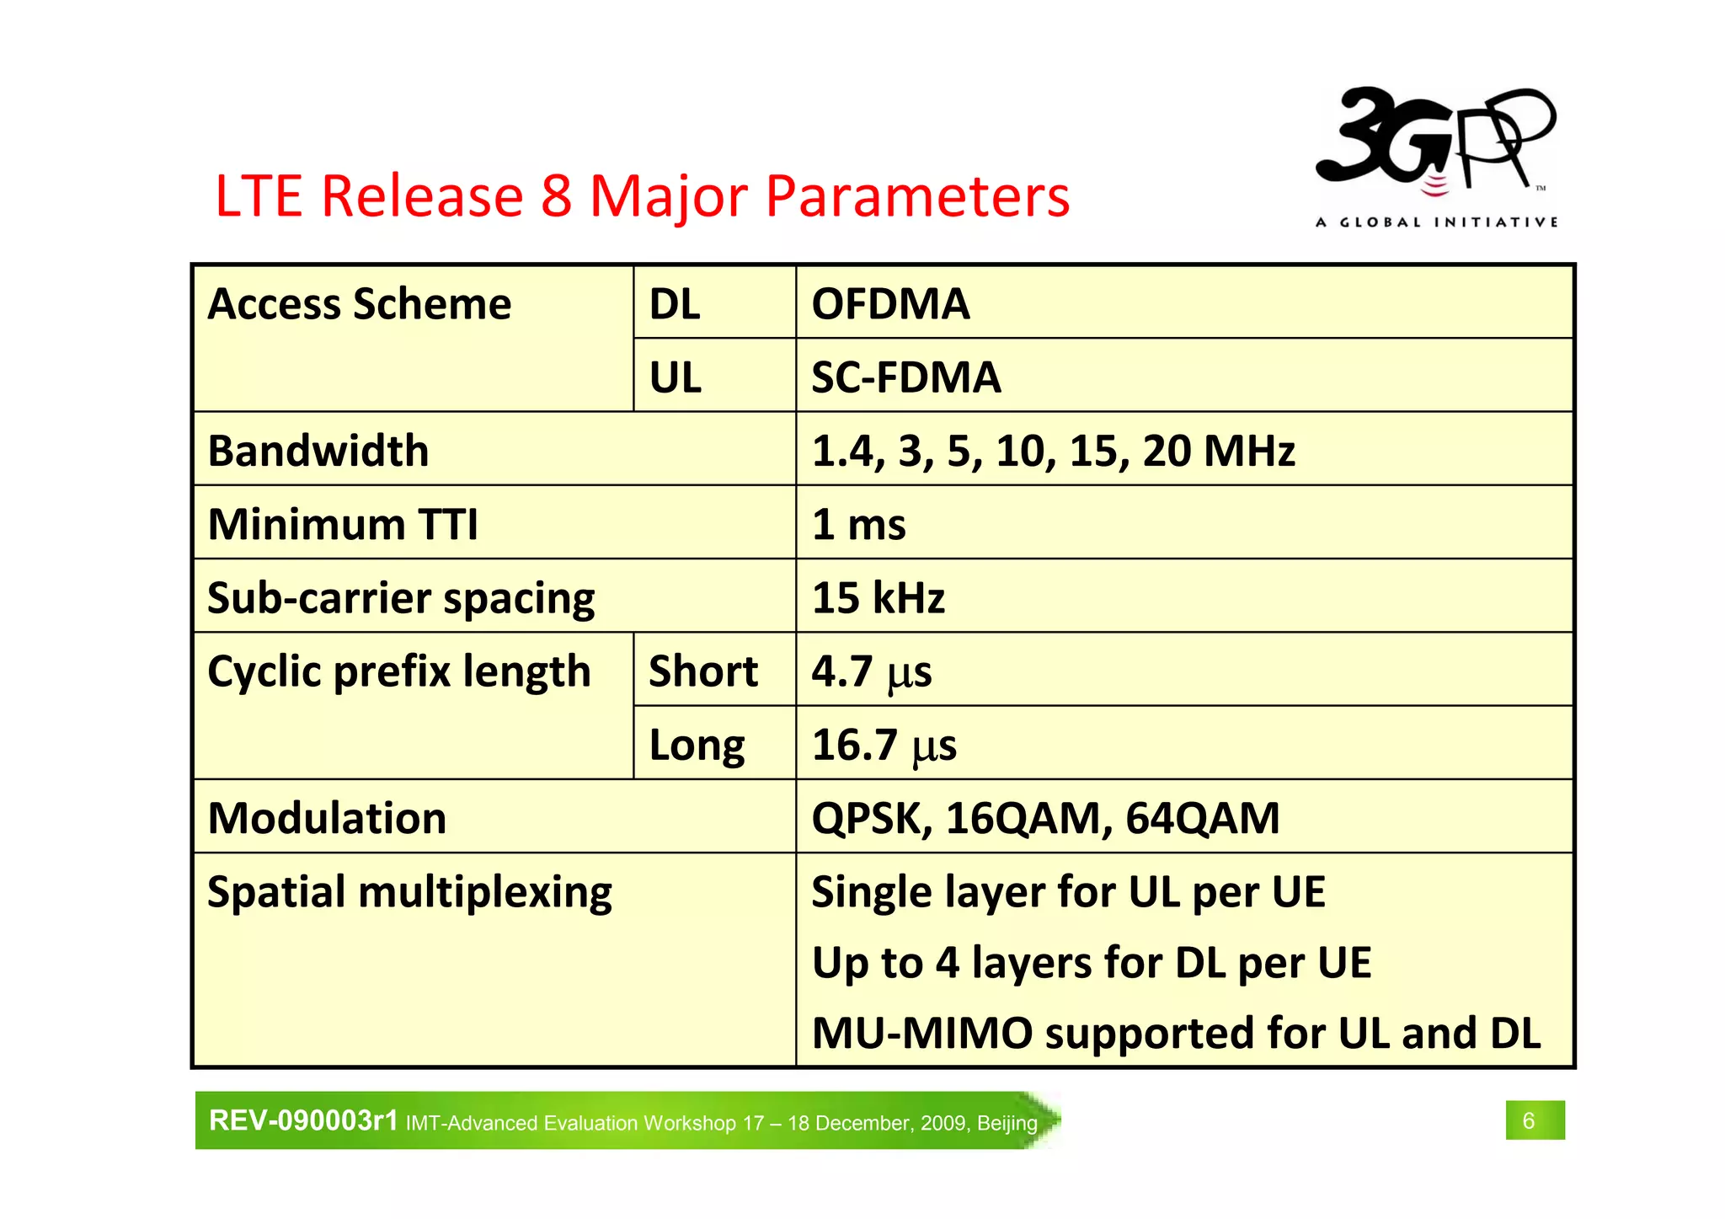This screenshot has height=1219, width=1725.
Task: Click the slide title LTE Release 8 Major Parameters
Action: point(642,196)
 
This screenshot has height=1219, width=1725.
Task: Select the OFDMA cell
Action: point(890,304)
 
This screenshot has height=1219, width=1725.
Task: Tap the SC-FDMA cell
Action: point(905,377)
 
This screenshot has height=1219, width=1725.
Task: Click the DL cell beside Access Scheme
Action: point(675,304)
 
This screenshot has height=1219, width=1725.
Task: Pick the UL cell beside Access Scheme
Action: point(675,377)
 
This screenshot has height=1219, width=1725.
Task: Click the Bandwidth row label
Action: point(318,451)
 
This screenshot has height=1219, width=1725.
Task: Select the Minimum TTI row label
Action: point(343,524)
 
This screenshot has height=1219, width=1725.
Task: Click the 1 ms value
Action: point(858,524)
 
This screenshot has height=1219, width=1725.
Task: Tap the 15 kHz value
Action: point(878,597)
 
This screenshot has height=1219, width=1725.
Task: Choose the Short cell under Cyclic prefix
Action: point(703,671)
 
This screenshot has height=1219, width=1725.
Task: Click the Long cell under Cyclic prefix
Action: point(697,745)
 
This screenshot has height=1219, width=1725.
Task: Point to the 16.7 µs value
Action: point(884,745)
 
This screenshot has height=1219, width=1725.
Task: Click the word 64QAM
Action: point(1202,818)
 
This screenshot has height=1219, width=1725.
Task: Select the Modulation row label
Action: point(327,818)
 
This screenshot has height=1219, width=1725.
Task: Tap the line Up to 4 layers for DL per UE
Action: point(1091,962)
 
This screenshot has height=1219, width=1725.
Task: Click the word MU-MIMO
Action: point(921,1033)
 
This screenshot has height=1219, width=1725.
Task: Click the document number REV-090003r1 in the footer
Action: point(303,1120)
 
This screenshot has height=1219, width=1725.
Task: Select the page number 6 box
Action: point(1535,1120)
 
